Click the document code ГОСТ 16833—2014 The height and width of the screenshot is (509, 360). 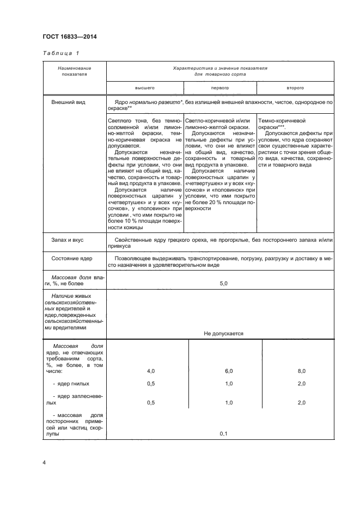click(x=66, y=36)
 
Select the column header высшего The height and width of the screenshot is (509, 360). click(x=145, y=87)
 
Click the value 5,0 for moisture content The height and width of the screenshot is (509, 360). click(x=223, y=284)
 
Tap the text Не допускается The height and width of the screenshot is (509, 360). click(x=223, y=333)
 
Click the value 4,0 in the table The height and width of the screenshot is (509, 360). click(x=151, y=371)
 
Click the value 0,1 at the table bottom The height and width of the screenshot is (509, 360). click(x=223, y=434)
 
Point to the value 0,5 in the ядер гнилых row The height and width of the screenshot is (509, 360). click(x=151, y=384)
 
